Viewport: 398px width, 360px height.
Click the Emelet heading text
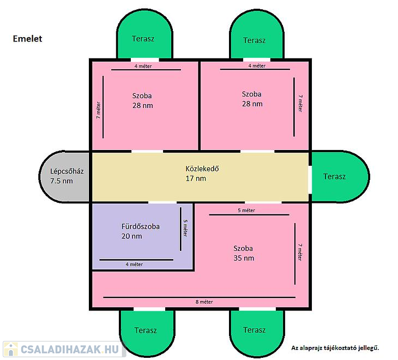coord(27,39)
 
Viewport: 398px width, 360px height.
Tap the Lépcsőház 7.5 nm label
coord(67,176)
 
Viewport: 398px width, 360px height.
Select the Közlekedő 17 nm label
coord(202,173)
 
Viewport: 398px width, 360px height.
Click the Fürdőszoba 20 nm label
coord(140,231)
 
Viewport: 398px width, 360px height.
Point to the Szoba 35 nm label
coord(243,253)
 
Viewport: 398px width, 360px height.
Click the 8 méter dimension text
coord(204,302)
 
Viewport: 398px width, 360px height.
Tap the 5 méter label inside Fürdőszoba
coord(185,228)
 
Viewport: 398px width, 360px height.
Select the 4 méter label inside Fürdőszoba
coord(134,265)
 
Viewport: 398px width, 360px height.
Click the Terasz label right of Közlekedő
coord(334,176)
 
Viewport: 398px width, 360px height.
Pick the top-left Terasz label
coord(143,39)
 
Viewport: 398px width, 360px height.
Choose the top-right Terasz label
coord(254,40)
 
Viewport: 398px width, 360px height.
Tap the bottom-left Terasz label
coord(146,331)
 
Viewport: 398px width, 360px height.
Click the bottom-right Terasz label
coord(254,330)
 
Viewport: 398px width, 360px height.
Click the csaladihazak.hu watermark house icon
coord(11,349)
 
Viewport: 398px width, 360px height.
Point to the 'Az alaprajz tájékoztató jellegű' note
coord(335,348)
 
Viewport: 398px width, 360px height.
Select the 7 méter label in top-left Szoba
coord(98,110)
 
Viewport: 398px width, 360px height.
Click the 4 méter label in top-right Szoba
coord(257,66)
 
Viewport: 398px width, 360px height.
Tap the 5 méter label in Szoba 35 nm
coord(246,210)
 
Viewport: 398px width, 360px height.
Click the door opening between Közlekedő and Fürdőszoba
coord(162,202)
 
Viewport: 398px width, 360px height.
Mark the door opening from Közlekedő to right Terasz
coord(310,180)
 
